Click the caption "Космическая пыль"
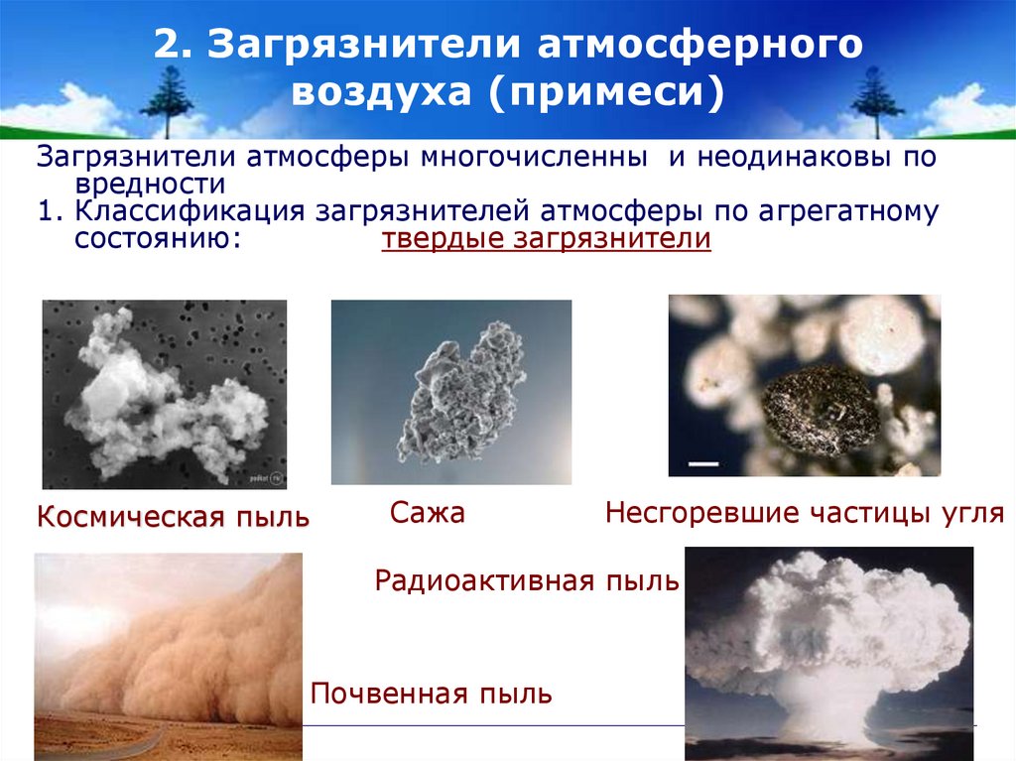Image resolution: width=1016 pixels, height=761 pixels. (173, 516)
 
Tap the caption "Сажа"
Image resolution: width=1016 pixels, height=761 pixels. (428, 513)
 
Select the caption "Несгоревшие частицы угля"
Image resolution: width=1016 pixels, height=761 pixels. (805, 513)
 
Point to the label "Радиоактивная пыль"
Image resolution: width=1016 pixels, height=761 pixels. (527, 580)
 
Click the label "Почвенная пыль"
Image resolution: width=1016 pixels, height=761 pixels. (432, 694)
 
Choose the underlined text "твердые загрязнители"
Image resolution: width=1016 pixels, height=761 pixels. (547, 240)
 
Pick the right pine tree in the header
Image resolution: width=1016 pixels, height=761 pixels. (876, 98)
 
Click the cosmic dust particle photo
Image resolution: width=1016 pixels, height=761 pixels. (164, 394)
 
